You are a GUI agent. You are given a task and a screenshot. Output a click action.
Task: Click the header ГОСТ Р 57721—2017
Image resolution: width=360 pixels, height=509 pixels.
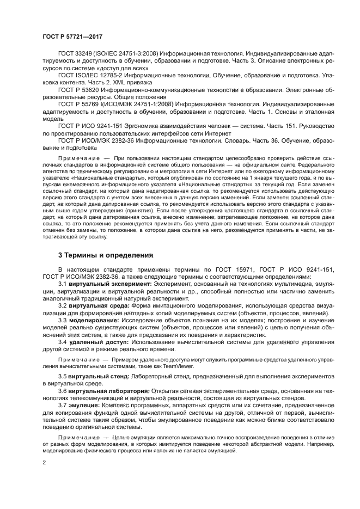coord(70,37)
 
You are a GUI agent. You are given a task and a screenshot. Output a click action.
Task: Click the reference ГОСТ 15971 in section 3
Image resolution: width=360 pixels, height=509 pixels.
coord(217,269)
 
